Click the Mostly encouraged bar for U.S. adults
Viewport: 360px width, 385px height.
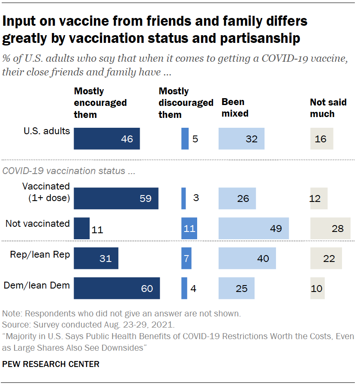[107, 138]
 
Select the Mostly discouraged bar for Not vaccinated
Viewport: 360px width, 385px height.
[189, 228]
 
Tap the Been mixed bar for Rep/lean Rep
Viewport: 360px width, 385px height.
[247, 258]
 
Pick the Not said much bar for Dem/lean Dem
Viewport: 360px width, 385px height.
[317, 288]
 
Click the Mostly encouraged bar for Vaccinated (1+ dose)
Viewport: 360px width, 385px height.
[116, 198]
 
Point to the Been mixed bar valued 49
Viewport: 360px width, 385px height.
[253, 228]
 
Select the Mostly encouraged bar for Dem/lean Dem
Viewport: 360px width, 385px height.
[117, 288]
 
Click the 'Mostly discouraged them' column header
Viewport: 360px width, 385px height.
[186, 103]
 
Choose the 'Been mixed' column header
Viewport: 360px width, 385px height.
[235, 108]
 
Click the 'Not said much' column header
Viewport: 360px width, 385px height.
[328, 108]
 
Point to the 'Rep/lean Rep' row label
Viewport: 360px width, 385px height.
[40, 254]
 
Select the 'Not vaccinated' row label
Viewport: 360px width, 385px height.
[37, 223]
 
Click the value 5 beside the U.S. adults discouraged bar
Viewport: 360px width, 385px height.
[195, 139]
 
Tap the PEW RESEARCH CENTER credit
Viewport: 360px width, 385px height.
[51, 364]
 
